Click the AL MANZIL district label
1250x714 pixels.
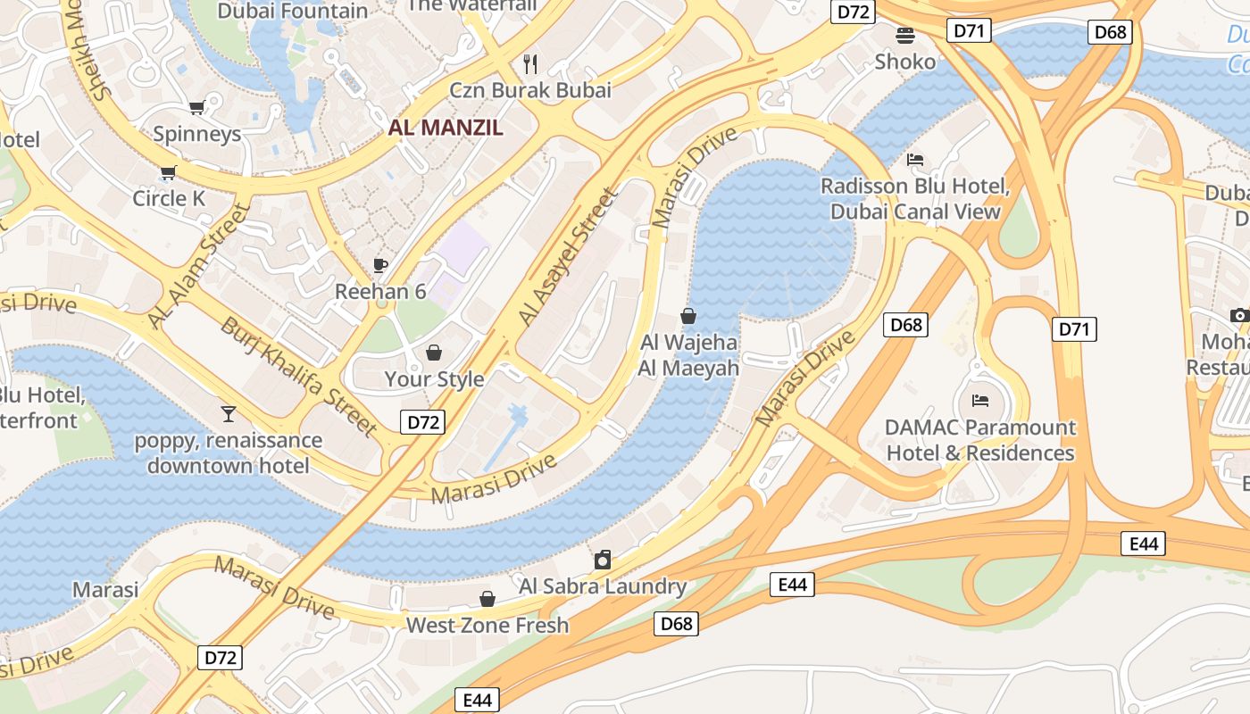click(446, 127)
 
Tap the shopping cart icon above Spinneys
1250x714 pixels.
click(196, 108)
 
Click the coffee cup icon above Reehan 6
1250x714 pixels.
click(380, 265)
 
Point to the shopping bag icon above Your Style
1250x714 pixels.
click(434, 353)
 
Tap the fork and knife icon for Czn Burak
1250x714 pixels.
click(530, 63)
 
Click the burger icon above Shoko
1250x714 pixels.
click(905, 36)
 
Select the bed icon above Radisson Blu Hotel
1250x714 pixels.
click(915, 160)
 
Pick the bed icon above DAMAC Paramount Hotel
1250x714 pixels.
click(980, 401)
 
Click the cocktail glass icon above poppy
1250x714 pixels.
click(229, 413)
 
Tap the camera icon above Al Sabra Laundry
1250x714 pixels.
click(603, 560)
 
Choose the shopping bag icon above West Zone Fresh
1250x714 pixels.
click(487, 598)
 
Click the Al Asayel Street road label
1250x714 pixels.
click(568, 257)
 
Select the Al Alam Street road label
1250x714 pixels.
click(198, 266)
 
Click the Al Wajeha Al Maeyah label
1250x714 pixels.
click(688, 355)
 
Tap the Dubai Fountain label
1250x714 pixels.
click(293, 11)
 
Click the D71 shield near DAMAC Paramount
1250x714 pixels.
click(1075, 329)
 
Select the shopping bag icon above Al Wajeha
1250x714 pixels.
click(688, 316)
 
